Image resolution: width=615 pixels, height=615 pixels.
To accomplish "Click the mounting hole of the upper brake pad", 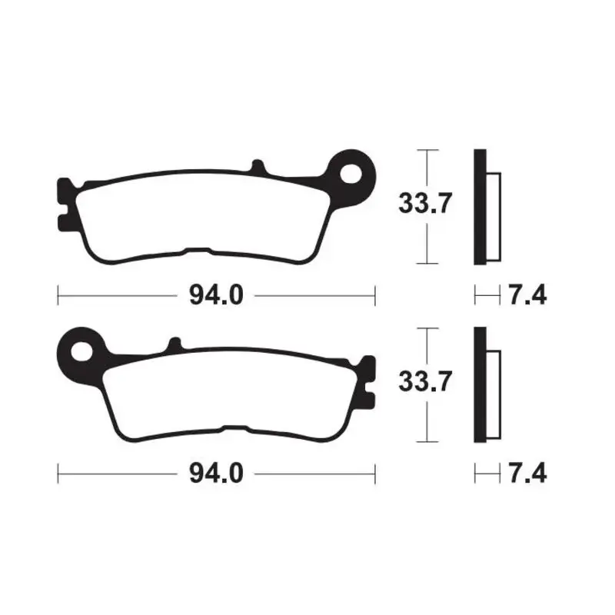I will point(353,172).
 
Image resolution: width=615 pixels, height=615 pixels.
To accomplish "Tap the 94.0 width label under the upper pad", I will point(217,294).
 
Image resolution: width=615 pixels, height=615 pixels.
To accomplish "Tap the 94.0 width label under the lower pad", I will point(217,473).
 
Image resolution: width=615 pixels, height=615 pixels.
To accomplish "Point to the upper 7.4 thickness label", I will point(527,294).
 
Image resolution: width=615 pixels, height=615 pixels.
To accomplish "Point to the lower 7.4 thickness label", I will point(527,473).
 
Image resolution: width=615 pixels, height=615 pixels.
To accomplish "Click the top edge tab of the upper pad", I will point(258,167).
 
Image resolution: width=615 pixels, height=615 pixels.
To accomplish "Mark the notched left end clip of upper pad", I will point(65,203).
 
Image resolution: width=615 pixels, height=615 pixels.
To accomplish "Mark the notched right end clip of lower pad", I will point(369,381).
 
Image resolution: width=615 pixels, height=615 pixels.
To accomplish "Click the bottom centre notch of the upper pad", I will point(197,251).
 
